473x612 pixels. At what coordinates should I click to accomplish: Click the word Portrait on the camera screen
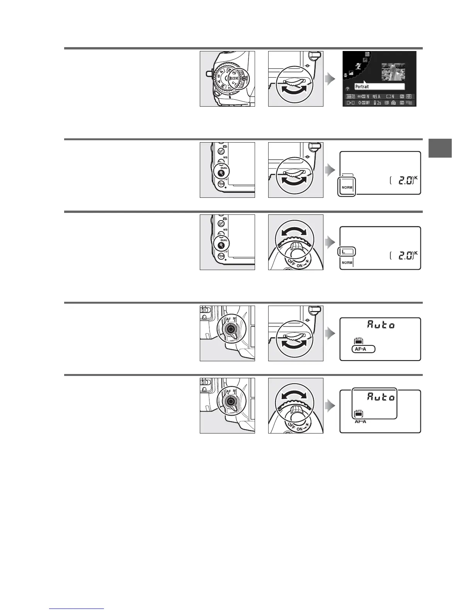click(362, 87)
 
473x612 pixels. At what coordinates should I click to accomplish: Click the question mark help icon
click(348, 88)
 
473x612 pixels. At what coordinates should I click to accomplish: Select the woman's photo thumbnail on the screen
click(393, 72)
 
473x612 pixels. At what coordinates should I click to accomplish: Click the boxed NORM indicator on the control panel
click(347, 187)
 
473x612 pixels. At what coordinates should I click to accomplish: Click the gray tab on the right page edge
click(440, 148)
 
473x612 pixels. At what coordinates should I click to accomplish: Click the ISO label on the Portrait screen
click(361, 97)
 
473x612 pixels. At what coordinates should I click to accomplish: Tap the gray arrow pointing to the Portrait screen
click(329, 80)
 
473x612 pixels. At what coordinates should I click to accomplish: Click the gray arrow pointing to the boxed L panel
click(329, 243)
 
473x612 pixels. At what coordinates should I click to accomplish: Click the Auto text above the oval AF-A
click(381, 325)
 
